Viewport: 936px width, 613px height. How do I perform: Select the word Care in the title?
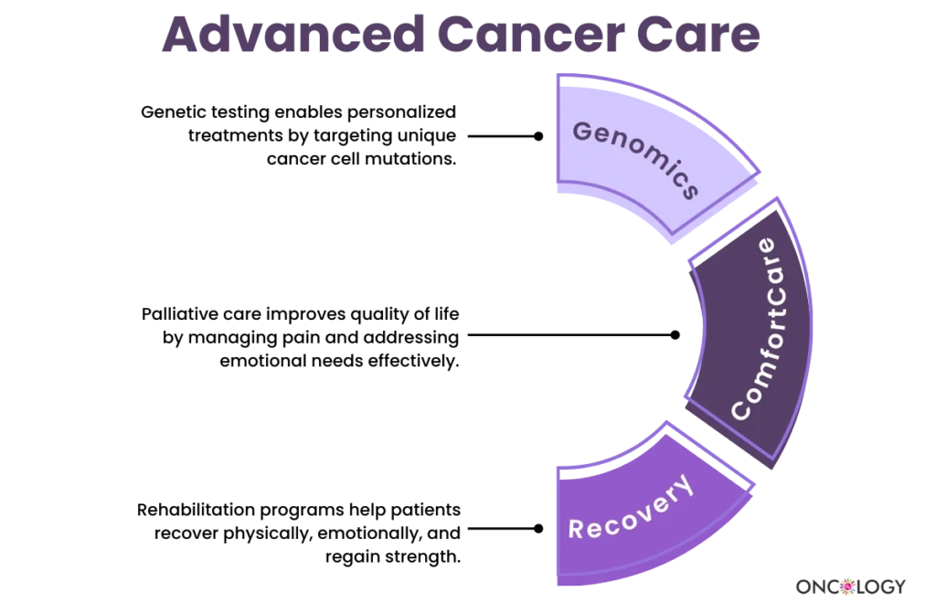pyautogui.click(x=706, y=35)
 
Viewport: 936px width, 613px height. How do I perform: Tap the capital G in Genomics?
pyautogui.click(x=581, y=131)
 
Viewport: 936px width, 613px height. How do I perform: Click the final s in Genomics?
pyautogui.click(x=689, y=191)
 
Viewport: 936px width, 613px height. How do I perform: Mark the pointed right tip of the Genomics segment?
pyautogui.click(x=760, y=172)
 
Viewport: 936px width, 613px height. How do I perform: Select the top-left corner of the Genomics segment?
pyautogui.click(x=558, y=74)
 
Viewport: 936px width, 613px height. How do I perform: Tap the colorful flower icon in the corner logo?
pyautogui.click(x=847, y=586)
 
